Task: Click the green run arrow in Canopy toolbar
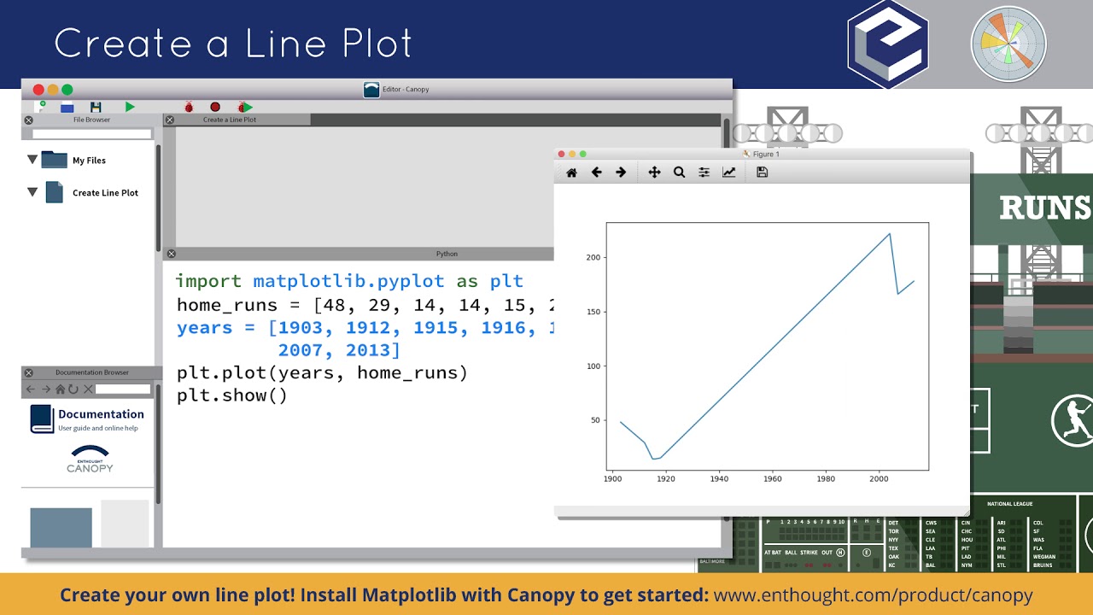130,107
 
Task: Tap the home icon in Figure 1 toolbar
571,173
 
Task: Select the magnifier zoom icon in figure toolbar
679,173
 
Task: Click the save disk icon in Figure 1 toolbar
763,173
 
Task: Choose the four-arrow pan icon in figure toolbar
654,173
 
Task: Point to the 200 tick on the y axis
593,257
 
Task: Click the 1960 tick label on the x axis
773,479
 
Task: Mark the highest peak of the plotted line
890,233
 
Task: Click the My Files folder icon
54,160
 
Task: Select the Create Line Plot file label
105,193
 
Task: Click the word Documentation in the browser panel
101,414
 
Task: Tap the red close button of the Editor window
38,90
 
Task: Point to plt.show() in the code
231,395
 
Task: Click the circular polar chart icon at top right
1008,44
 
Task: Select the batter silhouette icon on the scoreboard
1071,418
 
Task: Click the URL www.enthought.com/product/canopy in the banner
873,595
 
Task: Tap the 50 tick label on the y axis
596,420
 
